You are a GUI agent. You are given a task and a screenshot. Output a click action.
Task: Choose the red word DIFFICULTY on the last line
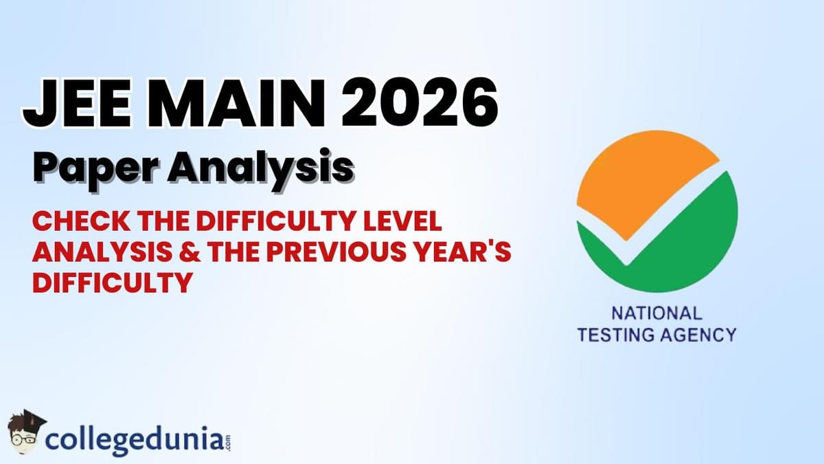(111, 282)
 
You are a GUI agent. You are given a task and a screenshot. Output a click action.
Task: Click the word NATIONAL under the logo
(656, 313)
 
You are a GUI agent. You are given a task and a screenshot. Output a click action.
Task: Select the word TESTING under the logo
(617, 335)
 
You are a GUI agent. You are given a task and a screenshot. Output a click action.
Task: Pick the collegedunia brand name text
(134, 437)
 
